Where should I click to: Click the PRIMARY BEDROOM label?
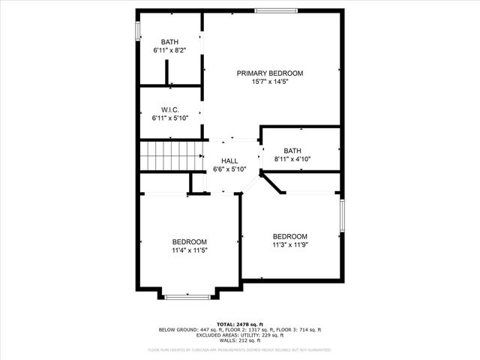270,73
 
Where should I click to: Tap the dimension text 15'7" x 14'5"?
270,81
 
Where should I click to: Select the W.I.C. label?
170,109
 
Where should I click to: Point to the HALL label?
229,161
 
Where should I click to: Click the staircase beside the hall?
171,157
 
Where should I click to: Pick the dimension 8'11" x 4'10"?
292,159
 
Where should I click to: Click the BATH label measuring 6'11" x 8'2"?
170,42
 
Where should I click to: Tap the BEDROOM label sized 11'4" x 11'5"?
189,241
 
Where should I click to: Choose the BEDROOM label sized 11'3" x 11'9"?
289,236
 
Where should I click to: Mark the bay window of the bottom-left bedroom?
187,297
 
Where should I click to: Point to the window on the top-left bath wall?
137,30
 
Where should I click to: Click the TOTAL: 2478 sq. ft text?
240,323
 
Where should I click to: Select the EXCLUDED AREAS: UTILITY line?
240,334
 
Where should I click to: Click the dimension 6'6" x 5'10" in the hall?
229,169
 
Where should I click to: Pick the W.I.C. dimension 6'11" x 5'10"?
170,118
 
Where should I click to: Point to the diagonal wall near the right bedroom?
274,183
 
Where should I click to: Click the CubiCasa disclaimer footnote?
240,349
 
